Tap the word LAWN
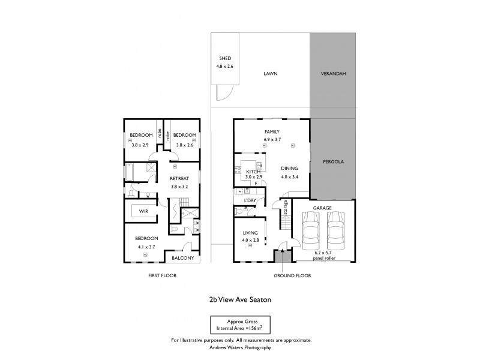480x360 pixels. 277,73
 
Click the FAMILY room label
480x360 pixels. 272,132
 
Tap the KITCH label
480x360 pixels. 253,171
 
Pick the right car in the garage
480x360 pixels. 336,232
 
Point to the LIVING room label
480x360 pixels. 249,234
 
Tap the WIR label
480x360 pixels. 143,211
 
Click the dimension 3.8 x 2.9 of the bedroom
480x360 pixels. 140,145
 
